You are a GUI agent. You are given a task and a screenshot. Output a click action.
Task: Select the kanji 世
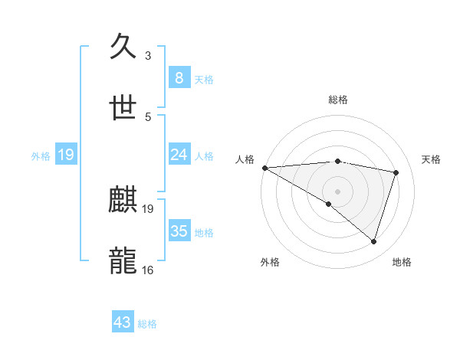[x=124, y=107]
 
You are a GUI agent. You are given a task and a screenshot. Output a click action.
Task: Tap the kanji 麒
[x=124, y=201]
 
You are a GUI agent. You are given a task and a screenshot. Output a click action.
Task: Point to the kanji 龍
[x=124, y=261]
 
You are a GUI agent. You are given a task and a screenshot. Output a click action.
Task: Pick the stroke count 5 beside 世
[x=148, y=116]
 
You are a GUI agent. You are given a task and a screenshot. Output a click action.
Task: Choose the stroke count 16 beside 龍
[x=148, y=270]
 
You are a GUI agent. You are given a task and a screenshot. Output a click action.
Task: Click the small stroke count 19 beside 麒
[x=148, y=208]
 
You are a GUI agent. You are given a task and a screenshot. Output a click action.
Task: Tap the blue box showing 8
[x=179, y=77]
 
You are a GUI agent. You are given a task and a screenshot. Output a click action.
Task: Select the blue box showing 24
[x=179, y=155]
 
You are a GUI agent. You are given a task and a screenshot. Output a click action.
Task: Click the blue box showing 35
[x=179, y=231]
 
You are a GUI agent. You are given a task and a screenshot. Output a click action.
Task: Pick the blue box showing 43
[x=123, y=322]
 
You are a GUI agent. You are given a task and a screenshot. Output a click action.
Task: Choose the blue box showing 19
[x=65, y=155]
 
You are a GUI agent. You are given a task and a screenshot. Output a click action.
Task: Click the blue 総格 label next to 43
[x=147, y=324]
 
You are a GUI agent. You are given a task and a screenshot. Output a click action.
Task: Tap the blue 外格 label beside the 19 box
[x=41, y=155]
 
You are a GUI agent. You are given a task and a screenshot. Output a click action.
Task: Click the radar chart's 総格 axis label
[x=337, y=100]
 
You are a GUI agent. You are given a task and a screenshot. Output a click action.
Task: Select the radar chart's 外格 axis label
[x=270, y=262]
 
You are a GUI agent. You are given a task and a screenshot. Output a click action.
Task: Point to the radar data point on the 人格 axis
[x=264, y=168]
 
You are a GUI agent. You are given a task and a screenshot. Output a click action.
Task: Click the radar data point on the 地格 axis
[x=373, y=241]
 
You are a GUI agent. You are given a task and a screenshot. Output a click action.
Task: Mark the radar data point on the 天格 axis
[x=396, y=172]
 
